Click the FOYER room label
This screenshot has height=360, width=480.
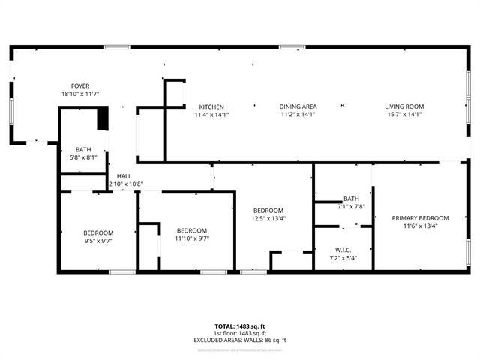tap(80, 86)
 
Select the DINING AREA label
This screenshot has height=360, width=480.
tap(298, 106)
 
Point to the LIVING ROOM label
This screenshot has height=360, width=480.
tap(404, 106)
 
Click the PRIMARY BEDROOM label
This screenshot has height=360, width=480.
tap(420, 217)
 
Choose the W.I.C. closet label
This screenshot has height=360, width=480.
tap(343, 250)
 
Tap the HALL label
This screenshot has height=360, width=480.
tap(124, 176)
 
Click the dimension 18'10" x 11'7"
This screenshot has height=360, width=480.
tap(80, 94)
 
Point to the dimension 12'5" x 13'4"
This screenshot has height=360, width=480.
tap(268, 218)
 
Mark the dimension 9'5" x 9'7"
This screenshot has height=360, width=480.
tap(98, 241)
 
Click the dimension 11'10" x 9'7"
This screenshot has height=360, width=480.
tap(192, 238)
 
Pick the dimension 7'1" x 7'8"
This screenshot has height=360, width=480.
tap(351, 206)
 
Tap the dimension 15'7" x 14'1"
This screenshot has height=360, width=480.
tap(404, 115)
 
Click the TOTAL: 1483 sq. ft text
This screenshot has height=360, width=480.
tap(240, 326)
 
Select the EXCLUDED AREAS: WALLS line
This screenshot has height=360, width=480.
tap(240, 340)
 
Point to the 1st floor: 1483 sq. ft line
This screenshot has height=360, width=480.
tap(240, 333)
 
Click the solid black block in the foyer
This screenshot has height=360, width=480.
tap(103, 119)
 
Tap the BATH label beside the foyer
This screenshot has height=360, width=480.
tap(82, 149)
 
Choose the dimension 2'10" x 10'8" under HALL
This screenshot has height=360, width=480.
tap(125, 184)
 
